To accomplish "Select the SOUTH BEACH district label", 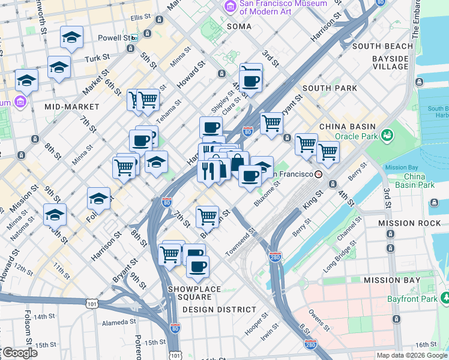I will click(382, 46).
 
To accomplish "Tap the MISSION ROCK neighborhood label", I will click(405, 223).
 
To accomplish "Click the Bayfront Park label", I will click(420, 298).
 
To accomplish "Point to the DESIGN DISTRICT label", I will click(219, 310).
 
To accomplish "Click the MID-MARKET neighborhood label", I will click(67, 107).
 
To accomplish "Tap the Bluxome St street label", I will click(267, 195).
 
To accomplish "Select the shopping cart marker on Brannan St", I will click(207, 215).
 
